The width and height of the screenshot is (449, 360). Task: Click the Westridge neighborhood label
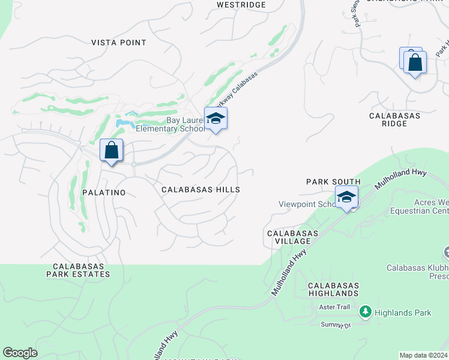tap(241, 5)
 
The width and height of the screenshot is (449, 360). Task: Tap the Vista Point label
tap(119, 43)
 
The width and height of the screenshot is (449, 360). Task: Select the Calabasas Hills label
tap(200, 190)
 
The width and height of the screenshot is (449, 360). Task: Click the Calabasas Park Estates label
tap(81, 270)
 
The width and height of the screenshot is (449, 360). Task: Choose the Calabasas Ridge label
tap(394, 119)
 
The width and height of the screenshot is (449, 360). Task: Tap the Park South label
tap(333, 182)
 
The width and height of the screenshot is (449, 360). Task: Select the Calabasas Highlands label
tap(333, 289)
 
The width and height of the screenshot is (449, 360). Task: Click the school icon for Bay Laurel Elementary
tap(215, 119)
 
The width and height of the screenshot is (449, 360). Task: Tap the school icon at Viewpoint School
tap(346, 197)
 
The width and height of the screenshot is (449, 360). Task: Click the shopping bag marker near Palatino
tap(112, 151)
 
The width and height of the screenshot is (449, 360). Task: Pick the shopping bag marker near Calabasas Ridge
tap(415, 62)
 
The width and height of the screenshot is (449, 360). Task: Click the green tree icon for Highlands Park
tap(365, 312)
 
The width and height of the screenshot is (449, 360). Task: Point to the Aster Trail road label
tap(335, 307)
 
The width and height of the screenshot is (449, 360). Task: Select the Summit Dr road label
tap(336, 325)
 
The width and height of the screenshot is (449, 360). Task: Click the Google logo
tap(20, 353)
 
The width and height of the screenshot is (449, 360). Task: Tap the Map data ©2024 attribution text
tap(423, 355)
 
